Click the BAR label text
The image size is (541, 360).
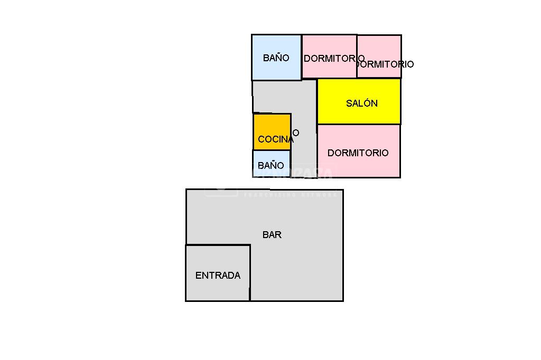[x=272, y=235]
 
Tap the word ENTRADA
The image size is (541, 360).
[x=218, y=276]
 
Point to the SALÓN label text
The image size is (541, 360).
[x=361, y=103]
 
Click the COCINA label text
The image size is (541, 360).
[x=275, y=140]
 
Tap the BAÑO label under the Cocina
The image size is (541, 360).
[x=270, y=166]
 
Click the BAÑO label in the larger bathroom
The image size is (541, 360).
[x=276, y=58]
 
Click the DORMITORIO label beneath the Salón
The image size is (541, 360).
[x=358, y=153]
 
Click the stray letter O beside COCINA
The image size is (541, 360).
[x=296, y=133]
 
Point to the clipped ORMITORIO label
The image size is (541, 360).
[x=385, y=64]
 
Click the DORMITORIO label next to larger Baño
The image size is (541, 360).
[x=333, y=59]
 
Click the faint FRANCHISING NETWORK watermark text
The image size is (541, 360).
[x=290, y=195]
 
